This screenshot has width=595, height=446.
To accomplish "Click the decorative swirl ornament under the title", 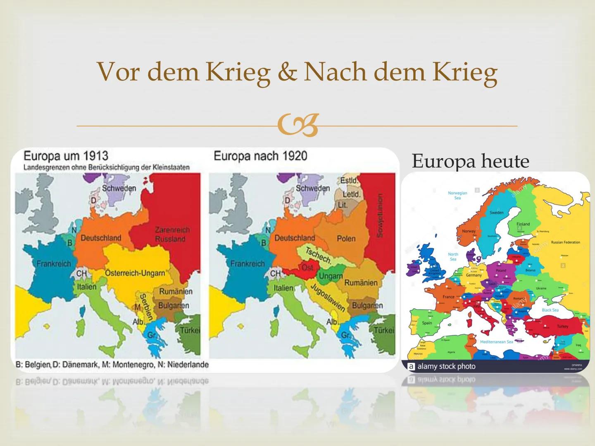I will click(x=298, y=126).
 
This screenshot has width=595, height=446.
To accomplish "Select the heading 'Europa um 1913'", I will click(x=66, y=156).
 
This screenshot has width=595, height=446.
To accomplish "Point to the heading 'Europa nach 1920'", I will click(x=260, y=156).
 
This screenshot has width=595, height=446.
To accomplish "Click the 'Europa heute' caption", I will click(x=470, y=161).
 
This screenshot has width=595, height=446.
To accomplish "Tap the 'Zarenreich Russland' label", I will click(x=172, y=234).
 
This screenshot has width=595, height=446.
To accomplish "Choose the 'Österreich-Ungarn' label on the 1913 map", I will click(x=135, y=273).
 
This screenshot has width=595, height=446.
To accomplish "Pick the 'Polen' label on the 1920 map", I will click(x=346, y=239).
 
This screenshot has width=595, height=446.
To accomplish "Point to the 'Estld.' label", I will click(x=348, y=181).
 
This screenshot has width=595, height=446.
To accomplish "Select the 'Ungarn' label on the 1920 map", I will click(x=331, y=276).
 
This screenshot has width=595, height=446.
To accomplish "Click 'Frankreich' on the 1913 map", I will click(x=54, y=263).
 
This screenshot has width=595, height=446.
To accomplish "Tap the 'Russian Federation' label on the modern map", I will click(x=565, y=242).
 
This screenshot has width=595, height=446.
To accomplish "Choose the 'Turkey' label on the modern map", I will click(x=562, y=326).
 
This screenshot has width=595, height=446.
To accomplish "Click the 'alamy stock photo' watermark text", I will click(x=446, y=366).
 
